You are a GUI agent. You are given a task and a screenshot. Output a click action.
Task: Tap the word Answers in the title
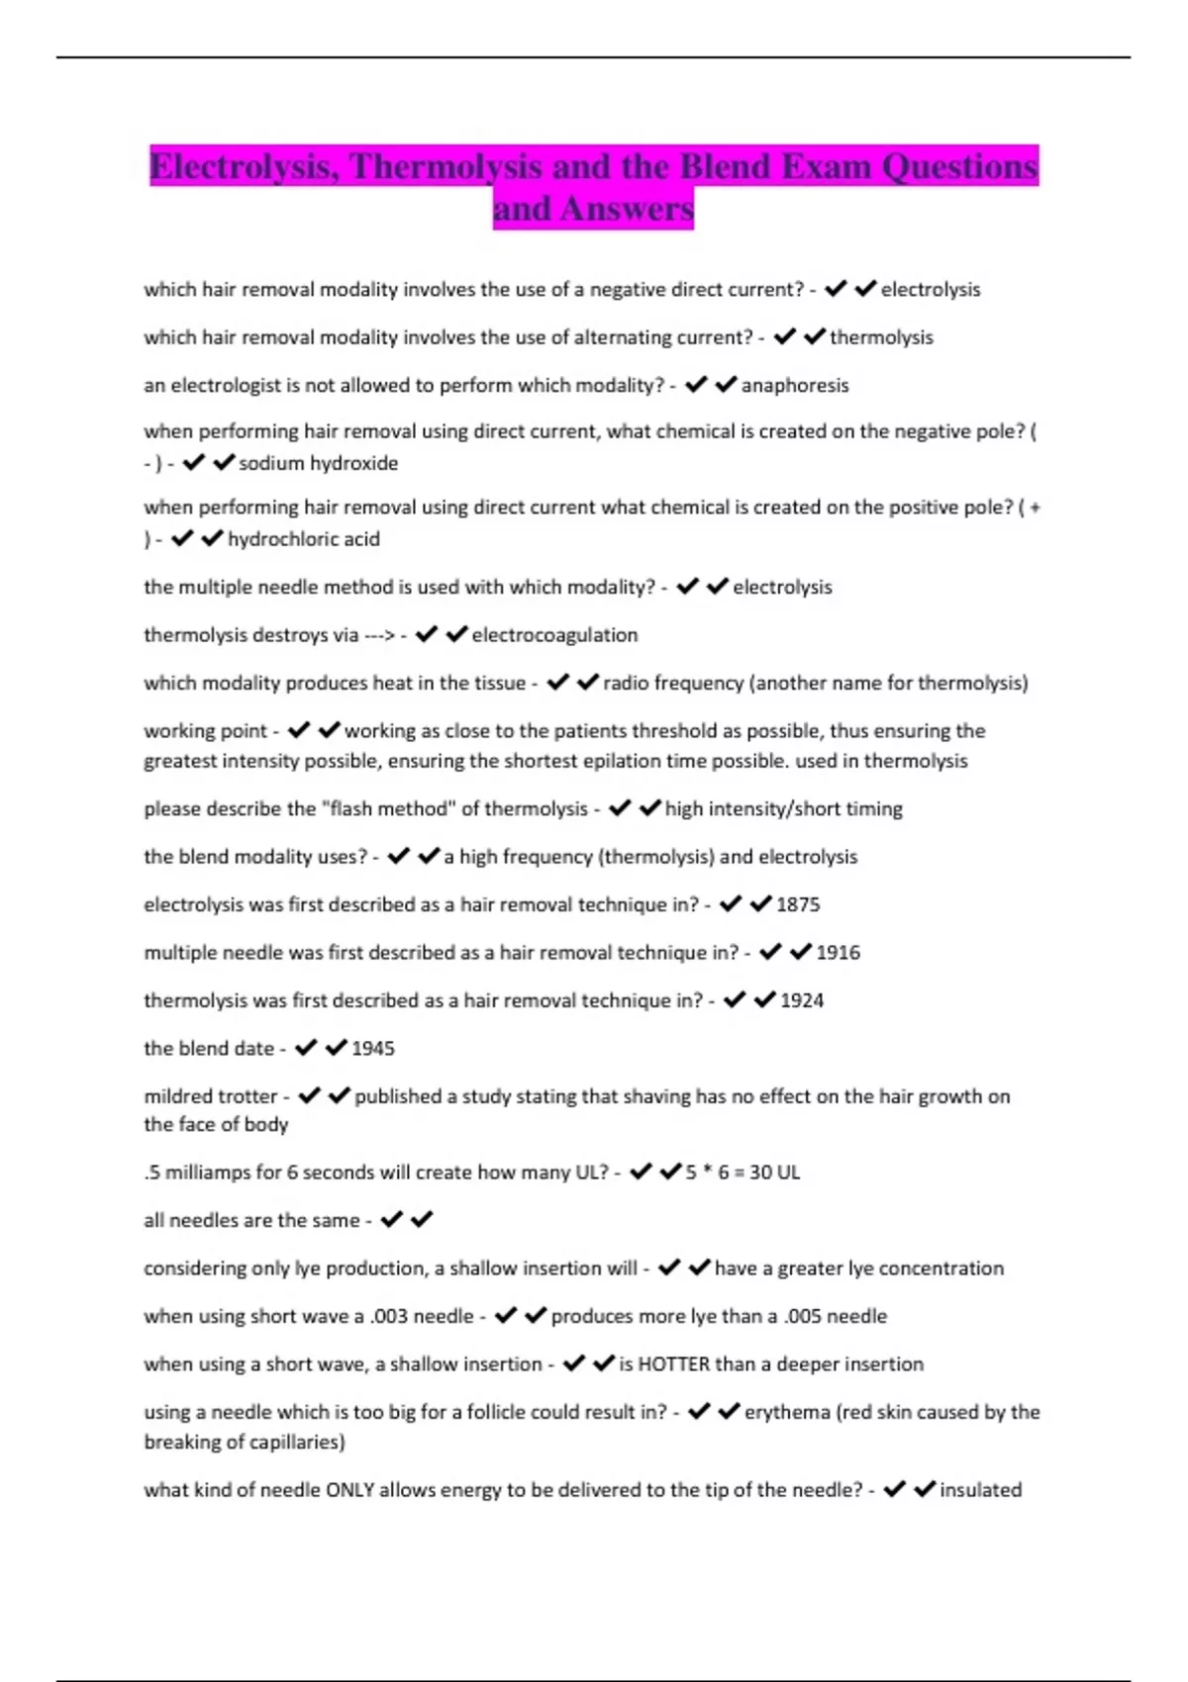coord(626,209)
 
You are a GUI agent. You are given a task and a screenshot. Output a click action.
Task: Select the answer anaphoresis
coord(795,385)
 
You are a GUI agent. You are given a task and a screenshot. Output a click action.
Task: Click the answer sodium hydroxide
coord(318,463)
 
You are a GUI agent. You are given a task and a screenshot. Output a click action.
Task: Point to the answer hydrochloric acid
coord(304,539)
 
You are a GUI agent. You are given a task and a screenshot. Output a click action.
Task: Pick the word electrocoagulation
coord(554,635)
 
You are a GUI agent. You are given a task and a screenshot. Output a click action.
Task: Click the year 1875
coord(798,904)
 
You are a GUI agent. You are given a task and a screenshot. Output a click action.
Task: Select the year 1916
coord(838,953)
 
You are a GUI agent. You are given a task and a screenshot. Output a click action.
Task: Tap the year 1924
coord(802,1000)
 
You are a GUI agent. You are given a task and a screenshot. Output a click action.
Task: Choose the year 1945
coord(373,1049)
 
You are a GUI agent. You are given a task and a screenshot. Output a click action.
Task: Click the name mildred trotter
coord(210,1096)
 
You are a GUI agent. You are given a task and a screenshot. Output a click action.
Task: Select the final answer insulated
coord(980,1490)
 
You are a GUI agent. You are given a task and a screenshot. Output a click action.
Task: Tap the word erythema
coord(787,1412)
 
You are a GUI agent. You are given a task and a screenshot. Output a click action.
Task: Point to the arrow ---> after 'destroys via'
coord(379,635)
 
